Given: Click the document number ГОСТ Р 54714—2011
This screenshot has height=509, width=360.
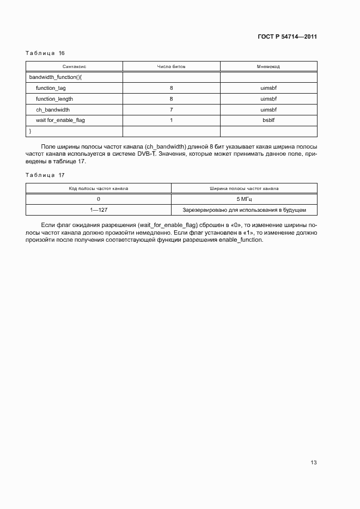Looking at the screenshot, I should tap(286, 36).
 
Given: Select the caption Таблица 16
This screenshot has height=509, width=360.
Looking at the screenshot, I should tap(45, 53).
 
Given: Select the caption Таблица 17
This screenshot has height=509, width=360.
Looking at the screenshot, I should tap(45, 175).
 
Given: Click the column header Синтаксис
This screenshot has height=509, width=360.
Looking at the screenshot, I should tap(75, 66).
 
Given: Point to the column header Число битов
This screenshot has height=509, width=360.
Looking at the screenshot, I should tap(171, 66).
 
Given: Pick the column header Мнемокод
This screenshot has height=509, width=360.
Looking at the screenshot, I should tap(269, 66).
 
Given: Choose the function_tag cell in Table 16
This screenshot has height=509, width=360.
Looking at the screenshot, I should tap(51, 88).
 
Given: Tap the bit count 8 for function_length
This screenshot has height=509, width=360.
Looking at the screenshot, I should tap(171, 99).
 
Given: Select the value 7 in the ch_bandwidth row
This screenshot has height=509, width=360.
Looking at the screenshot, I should tap(171, 109).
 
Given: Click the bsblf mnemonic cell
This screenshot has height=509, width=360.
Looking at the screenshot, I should tap(269, 120).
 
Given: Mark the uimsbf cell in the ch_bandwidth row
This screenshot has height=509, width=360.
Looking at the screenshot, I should tap(269, 109).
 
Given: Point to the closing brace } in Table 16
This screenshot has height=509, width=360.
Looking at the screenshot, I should tap(30, 131).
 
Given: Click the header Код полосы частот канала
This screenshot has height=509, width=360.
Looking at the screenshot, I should tap(99, 188).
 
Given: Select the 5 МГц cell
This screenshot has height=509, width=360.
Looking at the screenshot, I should tap(244, 199).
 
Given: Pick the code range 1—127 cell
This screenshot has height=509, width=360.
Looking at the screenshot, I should tap(99, 210).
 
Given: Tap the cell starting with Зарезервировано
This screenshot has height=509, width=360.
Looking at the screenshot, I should tap(244, 210).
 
